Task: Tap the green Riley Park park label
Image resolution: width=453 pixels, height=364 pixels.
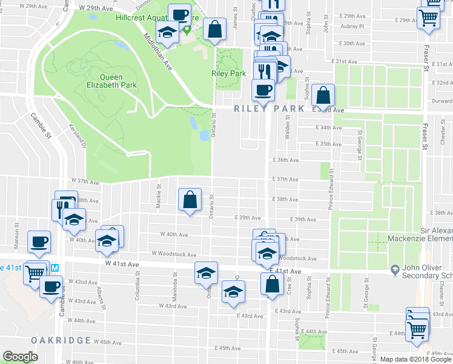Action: tap(228, 73)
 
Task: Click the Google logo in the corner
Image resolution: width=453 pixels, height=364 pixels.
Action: tap(20, 357)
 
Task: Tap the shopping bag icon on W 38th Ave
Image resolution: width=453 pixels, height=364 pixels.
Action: tap(190, 200)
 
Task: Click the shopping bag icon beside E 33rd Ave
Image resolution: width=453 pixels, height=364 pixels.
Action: tap(323, 96)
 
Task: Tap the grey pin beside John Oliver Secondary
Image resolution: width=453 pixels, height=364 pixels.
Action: tap(394, 269)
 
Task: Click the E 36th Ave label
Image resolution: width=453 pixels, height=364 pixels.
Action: tap(286, 160)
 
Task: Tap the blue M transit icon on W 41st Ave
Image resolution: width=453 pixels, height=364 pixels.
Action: tap(55, 267)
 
